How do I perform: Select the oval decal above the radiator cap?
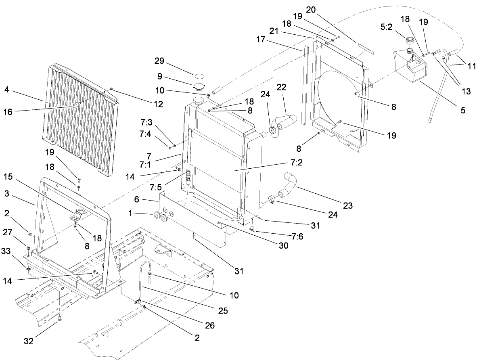click(x=200, y=75)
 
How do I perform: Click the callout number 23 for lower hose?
click(x=348, y=206)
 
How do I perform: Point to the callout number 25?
click(x=222, y=311)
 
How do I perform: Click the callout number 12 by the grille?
click(x=158, y=104)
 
